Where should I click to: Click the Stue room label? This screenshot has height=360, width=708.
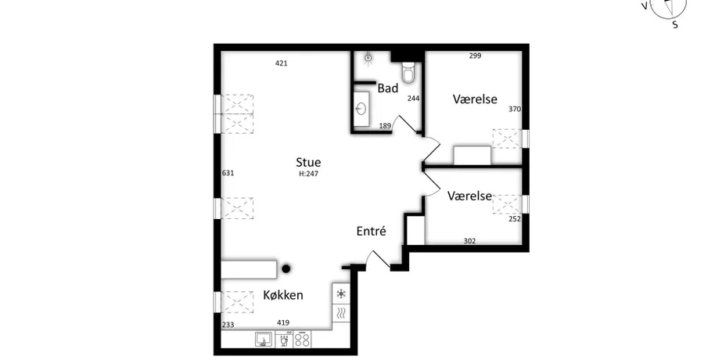click(x=308, y=162)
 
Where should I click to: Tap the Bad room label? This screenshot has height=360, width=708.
click(x=388, y=88)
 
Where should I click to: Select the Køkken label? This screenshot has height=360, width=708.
click(x=283, y=295)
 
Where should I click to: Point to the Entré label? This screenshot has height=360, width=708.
click(x=371, y=231)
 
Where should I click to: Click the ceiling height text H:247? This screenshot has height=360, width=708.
click(x=308, y=174)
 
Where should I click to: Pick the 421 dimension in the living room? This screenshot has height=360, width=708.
click(x=282, y=63)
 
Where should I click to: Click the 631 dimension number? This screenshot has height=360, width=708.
click(x=228, y=172)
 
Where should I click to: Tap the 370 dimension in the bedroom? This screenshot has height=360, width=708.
click(x=515, y=109)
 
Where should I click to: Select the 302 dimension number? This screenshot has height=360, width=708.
click(x=469, y=241)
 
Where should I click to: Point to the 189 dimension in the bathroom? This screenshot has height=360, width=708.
click(x=385, y=126)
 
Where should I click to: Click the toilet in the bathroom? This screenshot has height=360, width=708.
click(x=408, y=72)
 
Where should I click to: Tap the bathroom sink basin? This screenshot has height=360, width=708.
click(x=361, y=109)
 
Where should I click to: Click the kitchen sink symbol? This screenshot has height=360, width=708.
click(x=264, y=340)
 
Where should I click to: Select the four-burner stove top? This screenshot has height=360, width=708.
click(x=302, y=340)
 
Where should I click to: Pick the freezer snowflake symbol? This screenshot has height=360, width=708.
click(x=341, y=294)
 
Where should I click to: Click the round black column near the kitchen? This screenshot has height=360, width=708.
click(x=286, y=268)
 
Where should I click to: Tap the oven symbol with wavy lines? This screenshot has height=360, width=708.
click(x=341, y=312)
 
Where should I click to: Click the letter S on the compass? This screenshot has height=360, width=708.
click(x=675, y=25)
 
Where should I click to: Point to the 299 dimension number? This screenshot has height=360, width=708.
click(x=475, y=56)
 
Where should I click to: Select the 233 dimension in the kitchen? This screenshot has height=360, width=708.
click(x=228, y=325)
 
